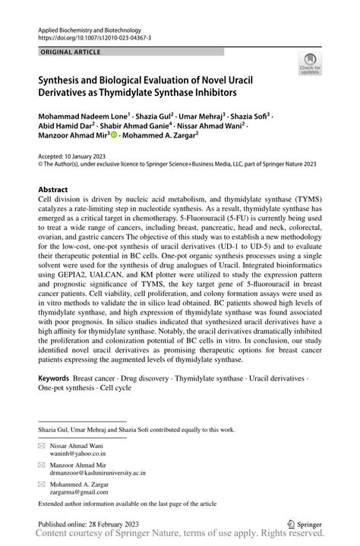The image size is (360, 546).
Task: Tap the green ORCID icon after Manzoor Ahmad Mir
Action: (114, 136)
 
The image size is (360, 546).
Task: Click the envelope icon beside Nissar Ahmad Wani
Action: (43, 445)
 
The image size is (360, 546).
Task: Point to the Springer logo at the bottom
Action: (305, 523)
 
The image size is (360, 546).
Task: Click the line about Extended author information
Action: (128, 503)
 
